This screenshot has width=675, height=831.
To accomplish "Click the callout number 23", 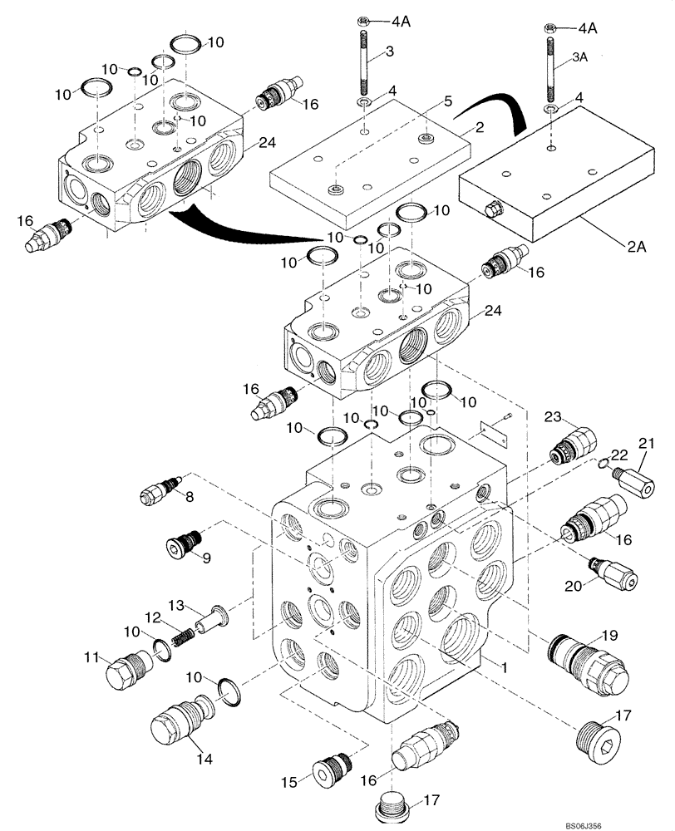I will [554, 416].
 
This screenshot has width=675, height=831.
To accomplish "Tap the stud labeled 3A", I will [551, 66].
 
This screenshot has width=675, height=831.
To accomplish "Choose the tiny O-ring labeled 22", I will [603, 464].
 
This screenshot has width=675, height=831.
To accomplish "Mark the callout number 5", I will [447, 101].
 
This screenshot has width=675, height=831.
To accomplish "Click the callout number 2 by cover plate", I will [479, 127].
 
